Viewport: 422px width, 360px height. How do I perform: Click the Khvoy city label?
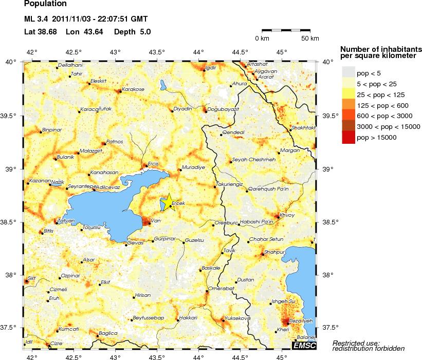[287, 215]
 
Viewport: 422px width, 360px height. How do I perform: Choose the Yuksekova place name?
[237, 318]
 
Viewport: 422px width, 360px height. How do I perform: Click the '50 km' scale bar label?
[310, 39]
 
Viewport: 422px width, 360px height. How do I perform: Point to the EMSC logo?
[304, 346]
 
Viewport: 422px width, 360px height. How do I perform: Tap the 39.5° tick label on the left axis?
[10, 116]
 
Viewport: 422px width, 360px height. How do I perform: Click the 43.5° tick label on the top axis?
[156, 52]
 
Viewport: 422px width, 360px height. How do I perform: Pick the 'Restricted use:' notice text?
[356, 343]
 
